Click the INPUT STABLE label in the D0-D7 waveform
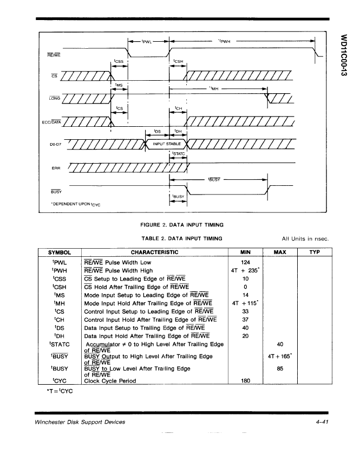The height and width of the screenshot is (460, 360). [x=167, y=144]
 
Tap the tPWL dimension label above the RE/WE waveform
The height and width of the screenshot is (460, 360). [x=147, y=42]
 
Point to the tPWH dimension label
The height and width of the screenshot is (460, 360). [x=224, y=41]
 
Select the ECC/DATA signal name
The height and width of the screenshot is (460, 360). [x=51, y=122]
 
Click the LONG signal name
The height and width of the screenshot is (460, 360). [x=55, y=98]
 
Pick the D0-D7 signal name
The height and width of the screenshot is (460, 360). [x=55, y=144]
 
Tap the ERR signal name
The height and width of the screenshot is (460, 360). [x=56, y=168]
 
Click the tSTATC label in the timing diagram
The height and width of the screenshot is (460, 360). [x=179, y=153]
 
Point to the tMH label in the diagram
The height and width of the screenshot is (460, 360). [x=214, y=88]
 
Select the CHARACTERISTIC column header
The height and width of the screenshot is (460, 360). [x=154, y=252]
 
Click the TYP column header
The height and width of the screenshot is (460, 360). [x=315, y=252]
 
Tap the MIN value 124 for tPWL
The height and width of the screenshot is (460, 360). [x=245, y=263]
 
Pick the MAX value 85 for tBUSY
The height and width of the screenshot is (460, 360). [x=280, y=368]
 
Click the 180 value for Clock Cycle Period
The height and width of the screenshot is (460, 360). [x=245, y=381]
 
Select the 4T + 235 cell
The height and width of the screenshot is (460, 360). [x=245, y=270]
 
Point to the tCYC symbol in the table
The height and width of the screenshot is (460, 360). [x=60, y=381]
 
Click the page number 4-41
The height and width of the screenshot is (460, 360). [x=322, y=422]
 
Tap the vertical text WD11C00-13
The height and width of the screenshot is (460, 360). [x=344, y=55]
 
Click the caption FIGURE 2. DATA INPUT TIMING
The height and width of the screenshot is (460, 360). [x=182, y=225]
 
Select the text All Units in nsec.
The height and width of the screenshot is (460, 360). [x=305, y=239]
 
